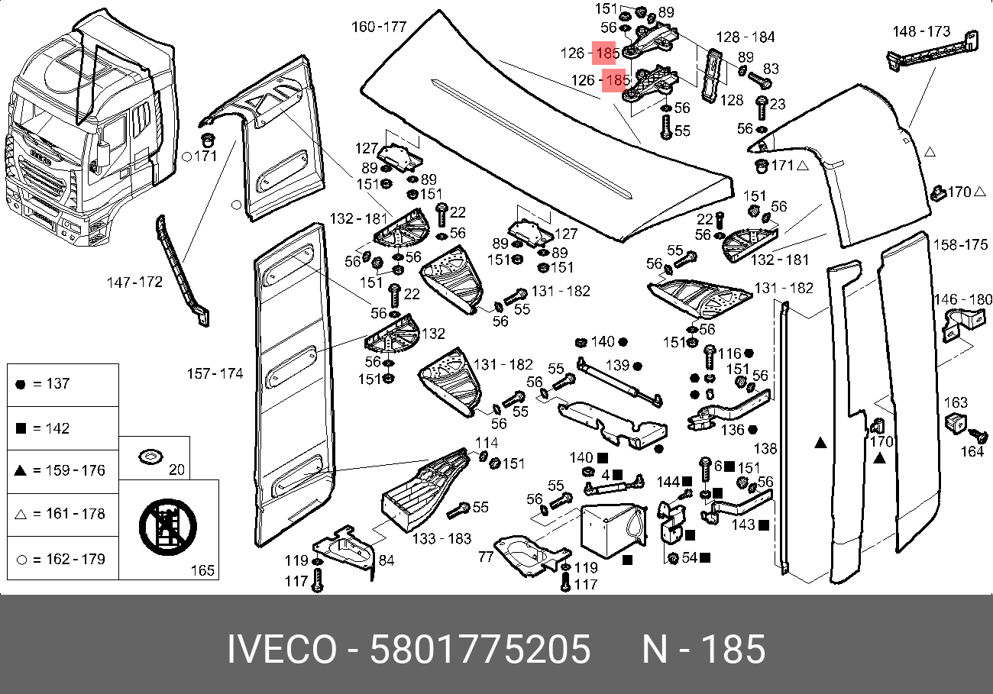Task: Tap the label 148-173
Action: click(921, 31)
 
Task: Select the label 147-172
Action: click(134, 282)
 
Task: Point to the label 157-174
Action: click(215, 373)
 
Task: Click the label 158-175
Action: click(960, 245)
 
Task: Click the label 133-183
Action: click(442, 539)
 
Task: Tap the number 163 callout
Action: click(956, 402)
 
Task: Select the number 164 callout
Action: click(972, 452)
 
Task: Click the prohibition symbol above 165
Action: click(168, 526)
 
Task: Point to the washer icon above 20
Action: click(149, 457)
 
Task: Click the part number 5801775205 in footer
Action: click(480, 650)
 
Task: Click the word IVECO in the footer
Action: click(281, 650)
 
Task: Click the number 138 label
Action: click(765, 450)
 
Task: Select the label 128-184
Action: click(746, 37)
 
